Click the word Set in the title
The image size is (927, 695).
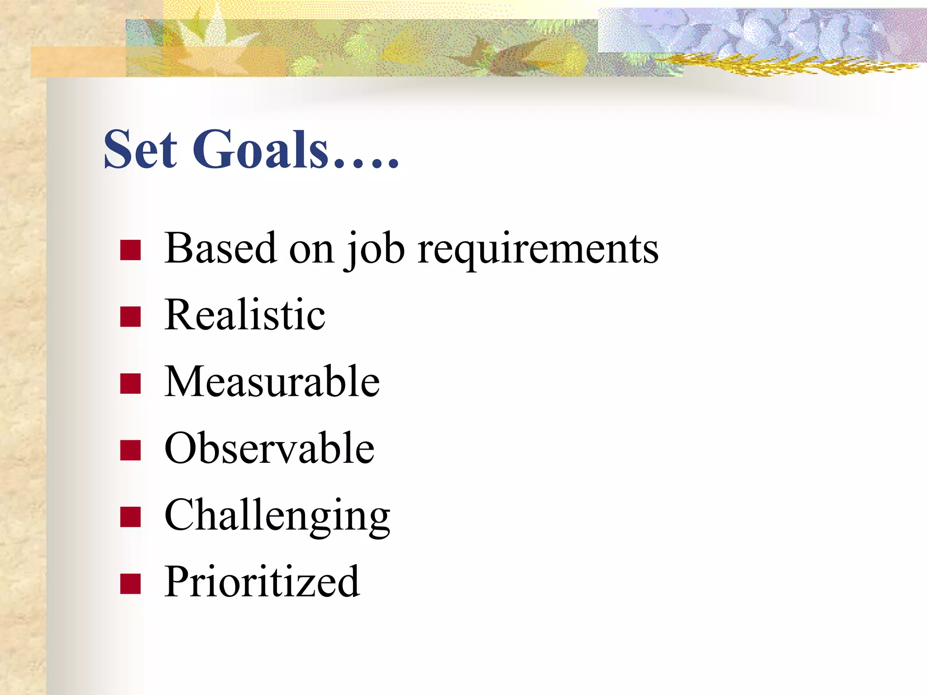pos(140,149)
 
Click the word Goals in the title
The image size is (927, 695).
pos(260,149)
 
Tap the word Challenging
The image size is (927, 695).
pos(277,516)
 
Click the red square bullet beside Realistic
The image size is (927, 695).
pos(130,316)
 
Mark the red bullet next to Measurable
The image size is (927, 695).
pos(130,383)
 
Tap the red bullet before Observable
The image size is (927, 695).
pos(130,450)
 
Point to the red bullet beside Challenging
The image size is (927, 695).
pos(130,517)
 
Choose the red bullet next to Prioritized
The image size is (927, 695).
pos(130,583)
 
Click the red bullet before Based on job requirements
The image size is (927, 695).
pos(130,250)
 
